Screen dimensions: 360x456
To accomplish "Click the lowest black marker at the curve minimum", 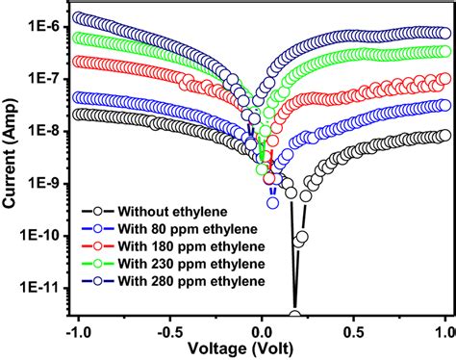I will [x=294, y=316].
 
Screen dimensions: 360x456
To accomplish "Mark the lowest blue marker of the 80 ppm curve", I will [x=273, y=202].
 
